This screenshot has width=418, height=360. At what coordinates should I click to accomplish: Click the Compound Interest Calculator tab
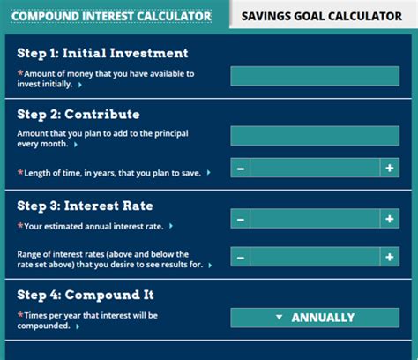[x=111, y=16]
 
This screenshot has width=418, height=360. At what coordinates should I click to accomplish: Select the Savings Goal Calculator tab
[x=322, y=16]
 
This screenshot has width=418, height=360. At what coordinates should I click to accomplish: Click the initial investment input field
[x=315, y=76]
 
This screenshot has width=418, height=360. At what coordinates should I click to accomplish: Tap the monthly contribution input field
[x=315, y=136]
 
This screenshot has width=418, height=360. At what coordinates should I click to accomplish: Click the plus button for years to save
[x=390, y=168]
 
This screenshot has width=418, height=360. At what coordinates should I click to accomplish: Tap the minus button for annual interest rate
[x=241, y=219]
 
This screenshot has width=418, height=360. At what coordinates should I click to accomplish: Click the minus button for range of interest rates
[x=241, y=257]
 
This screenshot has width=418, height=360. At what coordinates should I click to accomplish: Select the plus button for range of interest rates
[x=390, y=257]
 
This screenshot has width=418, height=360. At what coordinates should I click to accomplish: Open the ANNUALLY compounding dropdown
[x=315, y=318]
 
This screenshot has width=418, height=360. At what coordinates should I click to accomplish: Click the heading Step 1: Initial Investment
[x=102, y=53]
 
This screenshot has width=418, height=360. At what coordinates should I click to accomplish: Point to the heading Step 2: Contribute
[x=78, y=115]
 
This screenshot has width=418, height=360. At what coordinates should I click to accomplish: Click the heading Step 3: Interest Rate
[x=85, y=206]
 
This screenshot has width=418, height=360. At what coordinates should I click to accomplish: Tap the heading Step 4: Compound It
[x=86, y=295]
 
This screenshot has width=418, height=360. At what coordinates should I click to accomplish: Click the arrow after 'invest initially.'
[x=80, y=85]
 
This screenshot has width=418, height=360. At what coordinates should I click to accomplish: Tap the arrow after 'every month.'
[x=76, y=145]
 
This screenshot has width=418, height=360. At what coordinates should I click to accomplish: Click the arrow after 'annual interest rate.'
[x=171, y=226]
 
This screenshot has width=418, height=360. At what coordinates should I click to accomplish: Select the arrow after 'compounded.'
[x=78, y=326]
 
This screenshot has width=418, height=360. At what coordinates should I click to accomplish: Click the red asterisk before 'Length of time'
[x=20, y=172]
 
